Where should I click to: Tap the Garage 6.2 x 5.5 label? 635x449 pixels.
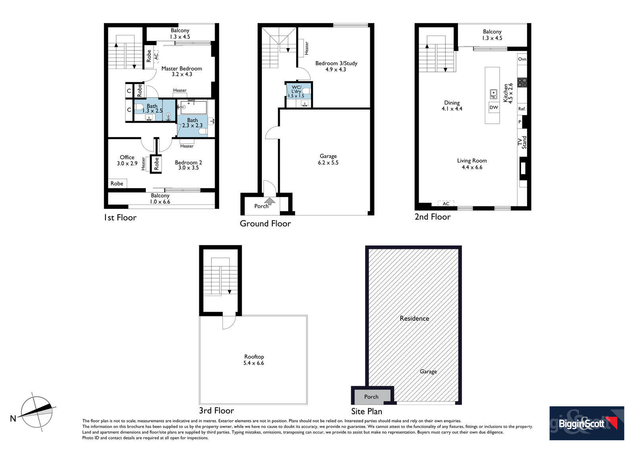[x=328, y=159]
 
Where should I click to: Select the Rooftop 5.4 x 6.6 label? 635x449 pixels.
[x=254, y=360]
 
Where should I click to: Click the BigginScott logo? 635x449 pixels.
[x=587, y=423]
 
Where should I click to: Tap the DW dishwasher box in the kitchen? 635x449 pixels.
[x=494, y=108]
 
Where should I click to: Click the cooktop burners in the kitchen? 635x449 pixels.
[x=522, y=82]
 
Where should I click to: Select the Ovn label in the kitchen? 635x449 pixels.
[x=522, y=59]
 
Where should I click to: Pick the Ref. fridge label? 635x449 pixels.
[x=521, y=109]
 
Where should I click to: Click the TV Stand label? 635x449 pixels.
[x=522, y=142]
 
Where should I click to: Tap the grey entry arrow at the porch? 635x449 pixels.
[x=269, y=201]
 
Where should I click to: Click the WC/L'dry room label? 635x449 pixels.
[x=296, y=91]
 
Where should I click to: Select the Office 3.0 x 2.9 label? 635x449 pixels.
[x=127, y=160]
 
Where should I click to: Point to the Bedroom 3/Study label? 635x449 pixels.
[x=336, y=66]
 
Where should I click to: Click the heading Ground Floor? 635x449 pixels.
[x=266, y=224]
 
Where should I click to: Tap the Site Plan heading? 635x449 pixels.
[x=367, y=411]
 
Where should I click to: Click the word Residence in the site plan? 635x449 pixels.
[x=414, y=318]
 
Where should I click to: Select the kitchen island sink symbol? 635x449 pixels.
[x=493, y=94]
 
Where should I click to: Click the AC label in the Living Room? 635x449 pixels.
[x=446, y=203]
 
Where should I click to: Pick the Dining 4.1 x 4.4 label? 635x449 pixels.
[x=452, y=106]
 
